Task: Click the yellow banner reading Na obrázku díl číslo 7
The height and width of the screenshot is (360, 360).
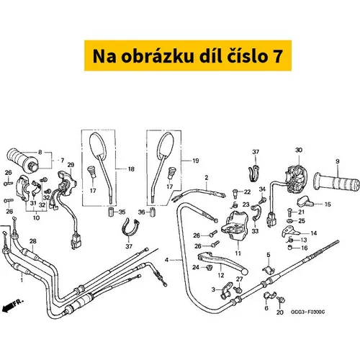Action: (x=188, y=55)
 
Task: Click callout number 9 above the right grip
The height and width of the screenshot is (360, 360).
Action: (x=338, y=161)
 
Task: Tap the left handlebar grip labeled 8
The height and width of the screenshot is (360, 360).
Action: (x=22, y=160)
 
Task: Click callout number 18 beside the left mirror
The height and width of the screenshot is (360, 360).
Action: (x=131, y=169)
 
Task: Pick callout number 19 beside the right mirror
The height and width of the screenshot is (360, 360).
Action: (x=196, y=161)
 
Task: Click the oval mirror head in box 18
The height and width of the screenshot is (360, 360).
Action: (x=98, y=145)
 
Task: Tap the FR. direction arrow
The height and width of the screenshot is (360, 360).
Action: (x=12, y=305)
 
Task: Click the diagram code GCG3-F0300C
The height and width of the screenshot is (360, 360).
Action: (x=307, y=312)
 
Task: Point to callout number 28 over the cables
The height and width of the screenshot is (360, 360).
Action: (x=33, y=241)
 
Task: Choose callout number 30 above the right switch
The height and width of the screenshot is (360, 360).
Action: (x=299, y=150)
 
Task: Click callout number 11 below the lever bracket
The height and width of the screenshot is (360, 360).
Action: (x=238, y=253)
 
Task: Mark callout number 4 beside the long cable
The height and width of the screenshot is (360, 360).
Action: (x=166, y=260)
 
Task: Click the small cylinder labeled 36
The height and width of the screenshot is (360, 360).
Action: (x=152, y=212)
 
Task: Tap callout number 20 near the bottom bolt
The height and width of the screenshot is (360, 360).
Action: (x=280, y=312)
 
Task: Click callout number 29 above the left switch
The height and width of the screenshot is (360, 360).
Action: (x=71, y=165)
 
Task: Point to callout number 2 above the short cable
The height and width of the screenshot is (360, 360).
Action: (x=207, y=178)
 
